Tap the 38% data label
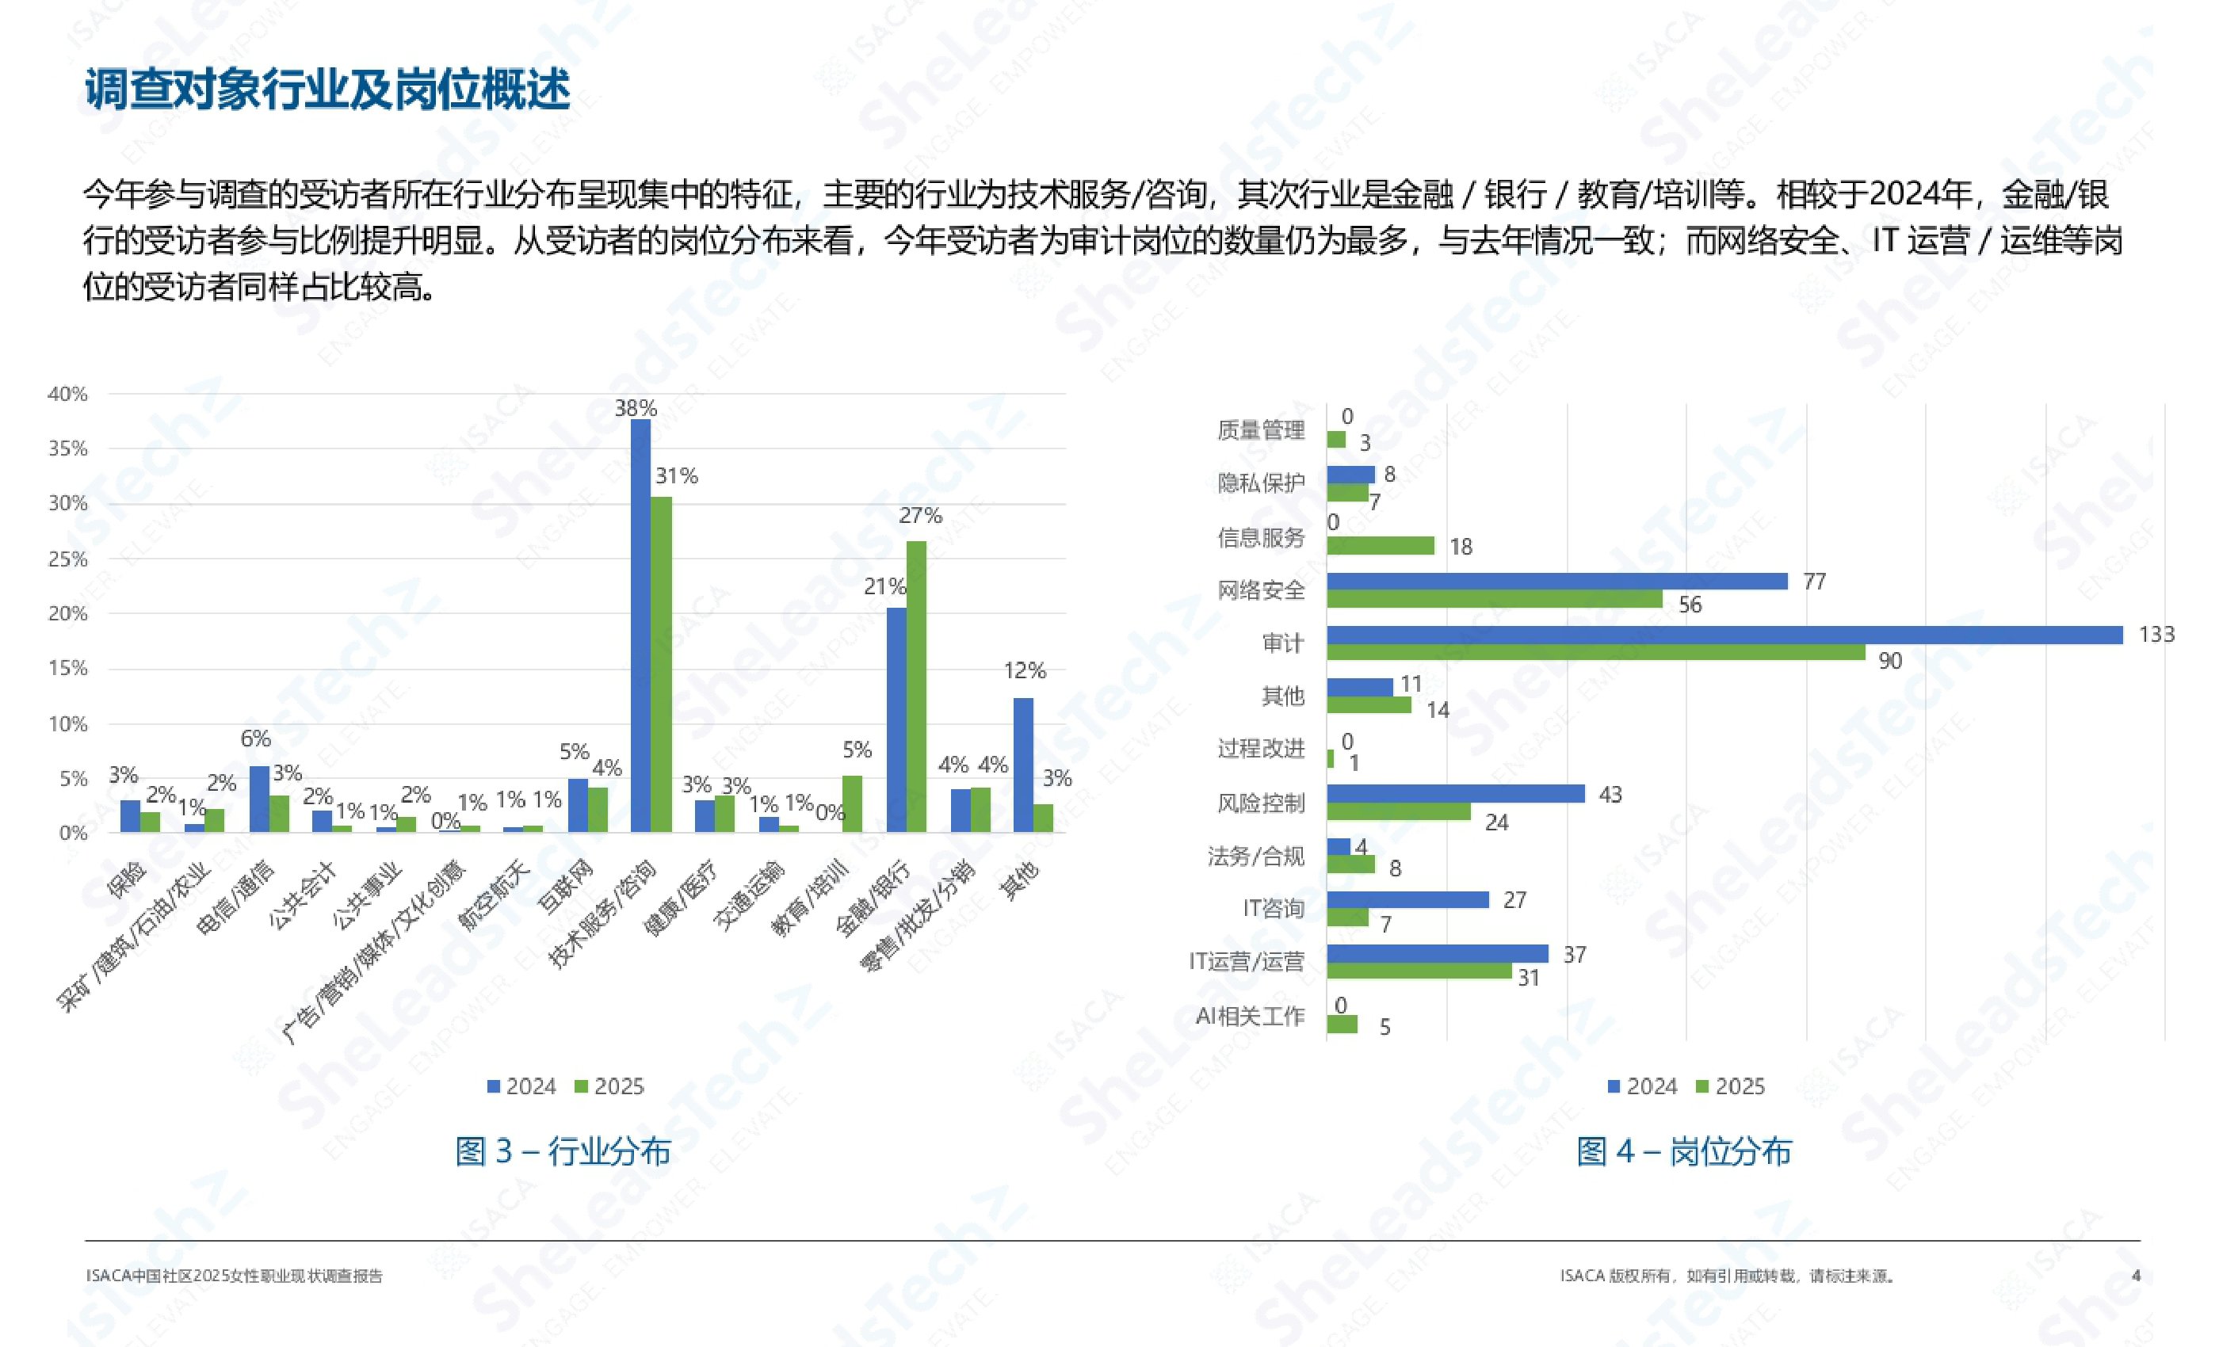pyautogui.click(x=636, y=408)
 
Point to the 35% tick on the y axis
pyautogui.click(x=68, y=448)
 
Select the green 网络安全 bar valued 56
pyautogui.click(x=1494, y=600)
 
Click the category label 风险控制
pyautogui.click(x=1260, y=803)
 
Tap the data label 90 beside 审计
pyautogui.click(x=1889, y=661)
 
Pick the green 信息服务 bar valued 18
pyautogui.click(x=1380, y=546)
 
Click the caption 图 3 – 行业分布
pyautogui.click(x=563, y=1150)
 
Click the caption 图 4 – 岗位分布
pyautogui.click(x=1683, y=1150)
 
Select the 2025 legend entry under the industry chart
pyautogui.click(x=609, y=1087)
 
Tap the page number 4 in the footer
pyautogui.click(x=2135, y=1276)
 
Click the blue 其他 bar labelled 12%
pyautogui.click(x=1023, y=765)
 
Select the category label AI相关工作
pyautogui.click(x=1249, y=1017)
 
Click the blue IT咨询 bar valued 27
pyautogui.click(x=1407, y=899)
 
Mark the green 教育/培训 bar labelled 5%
pyautogui.click(x=852, y=803)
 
